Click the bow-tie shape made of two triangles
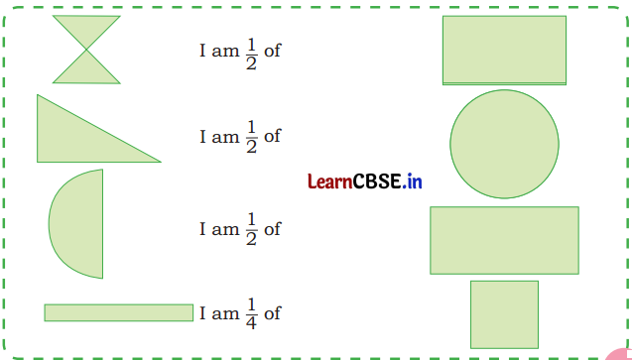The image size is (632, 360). point(86,50)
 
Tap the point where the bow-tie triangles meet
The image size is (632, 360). point(86,50)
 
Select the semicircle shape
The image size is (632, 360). point(80,223)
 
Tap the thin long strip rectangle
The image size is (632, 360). point(118,312)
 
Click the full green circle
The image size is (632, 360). point(504,143)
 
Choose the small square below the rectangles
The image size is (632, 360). point(504,313)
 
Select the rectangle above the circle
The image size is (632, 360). point(504,50)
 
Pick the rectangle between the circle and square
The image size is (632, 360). point(504,240)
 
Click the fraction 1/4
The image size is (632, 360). point(250,312)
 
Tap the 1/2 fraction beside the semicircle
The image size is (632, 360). point(250,228)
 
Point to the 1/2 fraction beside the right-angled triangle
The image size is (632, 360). point(250,136)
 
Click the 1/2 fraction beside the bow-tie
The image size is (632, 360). point(250,50)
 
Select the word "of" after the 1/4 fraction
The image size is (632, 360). point(272,313)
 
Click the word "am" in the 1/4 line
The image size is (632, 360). point(225,314)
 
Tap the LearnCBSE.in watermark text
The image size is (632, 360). point(365,181)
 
